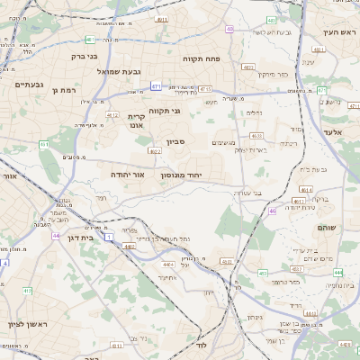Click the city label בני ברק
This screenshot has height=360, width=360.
85,56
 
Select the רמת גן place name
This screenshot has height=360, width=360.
67,90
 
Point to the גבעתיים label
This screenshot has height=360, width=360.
30,84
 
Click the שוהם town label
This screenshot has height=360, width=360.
325,228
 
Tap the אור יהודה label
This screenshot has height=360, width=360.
130,174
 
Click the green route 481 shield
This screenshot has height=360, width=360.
90,40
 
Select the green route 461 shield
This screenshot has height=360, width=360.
44,144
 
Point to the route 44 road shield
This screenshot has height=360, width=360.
56,236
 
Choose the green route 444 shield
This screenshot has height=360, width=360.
338,271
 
